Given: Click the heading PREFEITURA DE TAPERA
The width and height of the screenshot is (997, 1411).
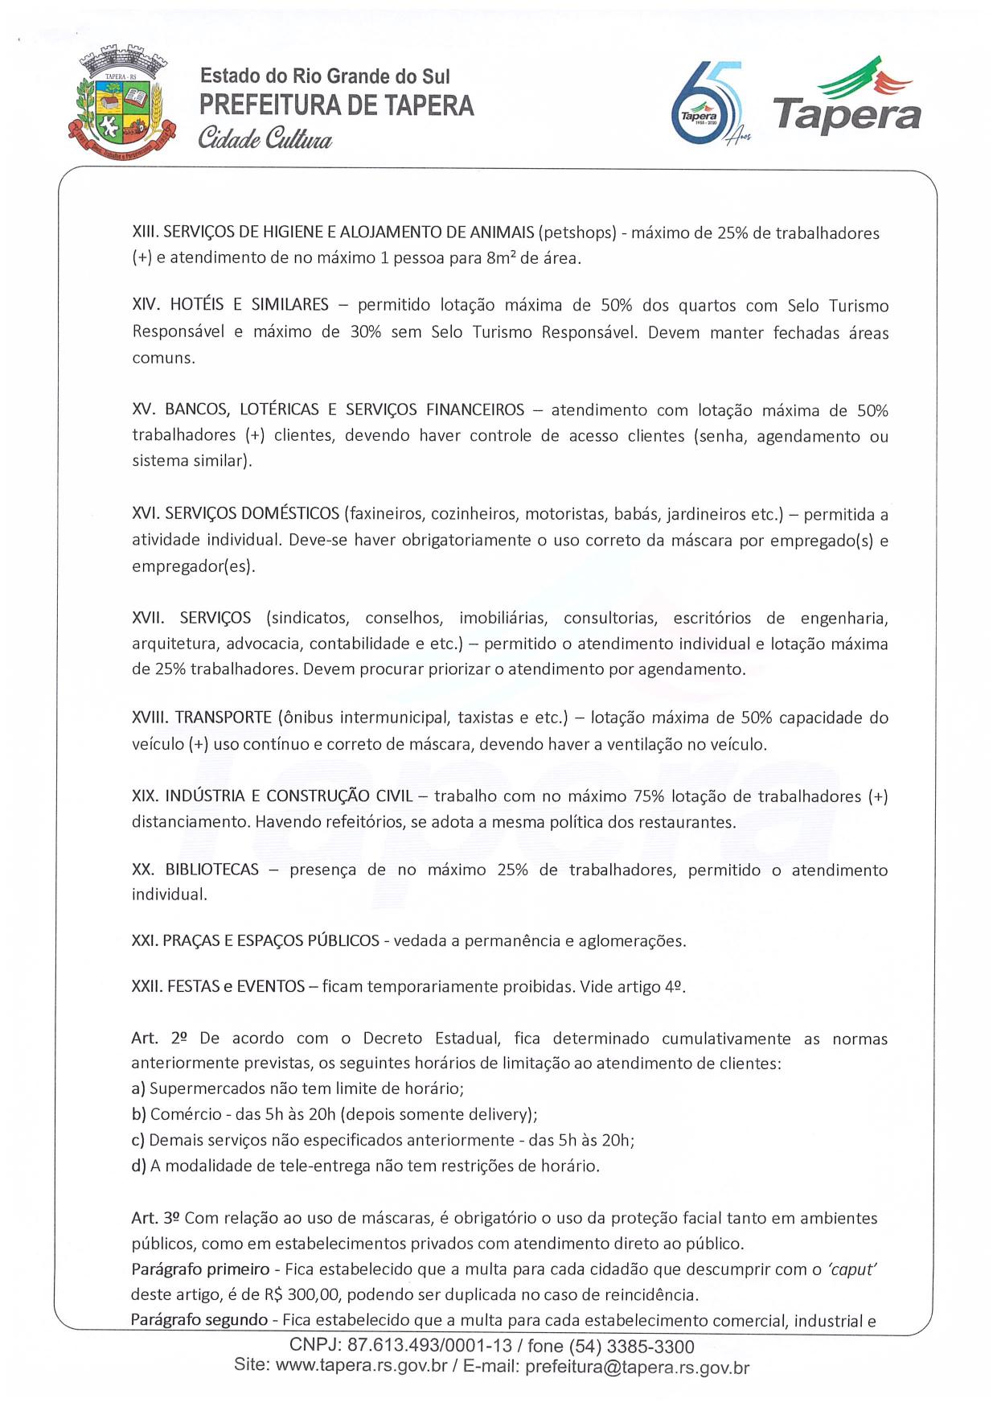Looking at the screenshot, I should (x=337, y=106).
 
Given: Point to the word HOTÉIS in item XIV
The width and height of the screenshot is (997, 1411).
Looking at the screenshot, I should (x=193, y=306).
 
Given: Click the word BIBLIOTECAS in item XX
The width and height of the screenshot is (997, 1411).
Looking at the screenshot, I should (x=212, y=870).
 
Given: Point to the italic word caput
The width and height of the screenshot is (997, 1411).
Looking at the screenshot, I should (x=851, y=1269).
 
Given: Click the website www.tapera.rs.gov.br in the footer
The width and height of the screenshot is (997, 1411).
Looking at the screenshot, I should (x=361, y=1366).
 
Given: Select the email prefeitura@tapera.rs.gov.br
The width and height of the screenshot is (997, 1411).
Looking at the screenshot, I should (x=637, y=1366).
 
